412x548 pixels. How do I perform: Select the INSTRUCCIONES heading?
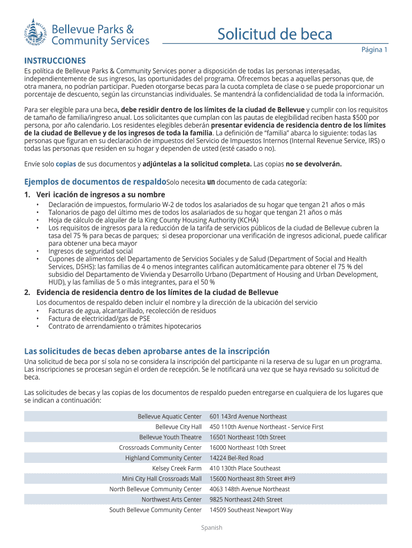55,60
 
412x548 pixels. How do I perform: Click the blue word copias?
66,164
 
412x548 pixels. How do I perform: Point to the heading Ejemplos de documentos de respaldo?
95,182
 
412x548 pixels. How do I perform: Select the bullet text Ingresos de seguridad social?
90,251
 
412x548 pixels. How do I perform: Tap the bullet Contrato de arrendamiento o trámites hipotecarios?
125,326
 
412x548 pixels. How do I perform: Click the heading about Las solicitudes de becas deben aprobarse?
147,351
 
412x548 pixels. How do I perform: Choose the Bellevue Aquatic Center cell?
169,416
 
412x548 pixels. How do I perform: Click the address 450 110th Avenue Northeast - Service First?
266,427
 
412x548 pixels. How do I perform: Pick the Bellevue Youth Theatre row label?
170,437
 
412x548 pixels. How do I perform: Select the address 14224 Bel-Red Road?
236,458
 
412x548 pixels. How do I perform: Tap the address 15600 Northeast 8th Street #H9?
252,478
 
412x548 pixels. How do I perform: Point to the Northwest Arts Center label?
171,499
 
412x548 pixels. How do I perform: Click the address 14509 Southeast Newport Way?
251,510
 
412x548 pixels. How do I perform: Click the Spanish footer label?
211,528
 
